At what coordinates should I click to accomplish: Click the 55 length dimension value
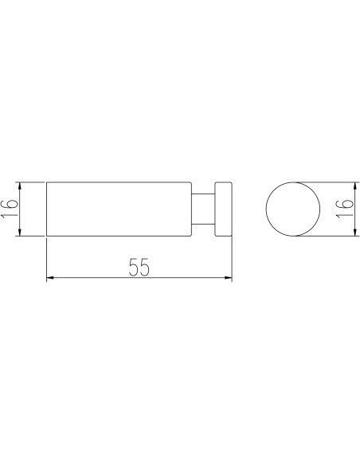click(139, 267)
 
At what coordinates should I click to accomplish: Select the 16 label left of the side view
click(10, 209)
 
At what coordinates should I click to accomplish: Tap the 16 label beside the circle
click(345, 209)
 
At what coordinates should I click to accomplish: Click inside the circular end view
click(292, 209)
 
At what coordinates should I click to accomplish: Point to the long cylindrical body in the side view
click(119, 209)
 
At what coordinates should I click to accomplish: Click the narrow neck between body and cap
click(203, 209)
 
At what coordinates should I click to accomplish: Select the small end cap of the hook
click(224, 209)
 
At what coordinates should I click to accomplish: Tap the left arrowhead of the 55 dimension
click(50, 278)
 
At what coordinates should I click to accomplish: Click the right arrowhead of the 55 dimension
click(229, 278)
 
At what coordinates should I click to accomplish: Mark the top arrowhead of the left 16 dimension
click(20, 186)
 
